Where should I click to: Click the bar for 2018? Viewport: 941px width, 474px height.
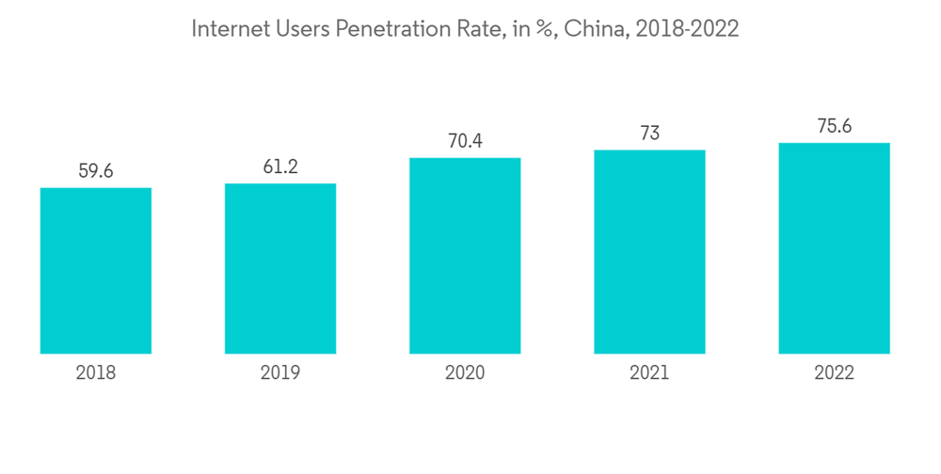[x=96, y=271]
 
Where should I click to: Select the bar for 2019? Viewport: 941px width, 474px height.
[x=280, y=269]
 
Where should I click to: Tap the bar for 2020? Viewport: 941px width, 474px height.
[x=465, y=256]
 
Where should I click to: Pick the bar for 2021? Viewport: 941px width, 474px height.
[x=649, y=252]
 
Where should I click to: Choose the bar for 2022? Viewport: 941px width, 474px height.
[x=834, y=248]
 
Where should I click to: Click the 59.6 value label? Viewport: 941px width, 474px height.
[x=96, y=171]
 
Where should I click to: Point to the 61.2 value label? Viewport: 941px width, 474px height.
[x=280, y=166]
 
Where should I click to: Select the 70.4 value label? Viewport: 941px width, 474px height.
[x=465, y=141]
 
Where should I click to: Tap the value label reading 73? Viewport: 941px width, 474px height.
[x=649, y=134]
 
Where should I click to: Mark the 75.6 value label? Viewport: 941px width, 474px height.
[x=834, y=126]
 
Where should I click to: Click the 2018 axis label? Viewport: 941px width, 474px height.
[x=96, y=373]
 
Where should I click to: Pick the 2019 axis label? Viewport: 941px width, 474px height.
[x=280, y=373]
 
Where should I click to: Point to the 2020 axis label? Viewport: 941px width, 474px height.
[x=465, y=373]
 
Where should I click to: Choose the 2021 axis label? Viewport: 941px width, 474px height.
[x=649, y=373]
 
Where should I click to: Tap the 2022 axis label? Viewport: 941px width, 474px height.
[x=834, y=373]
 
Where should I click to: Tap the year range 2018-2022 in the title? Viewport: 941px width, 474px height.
[x=687, y=29]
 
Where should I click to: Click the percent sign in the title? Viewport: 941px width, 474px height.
[x=542, y=30]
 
